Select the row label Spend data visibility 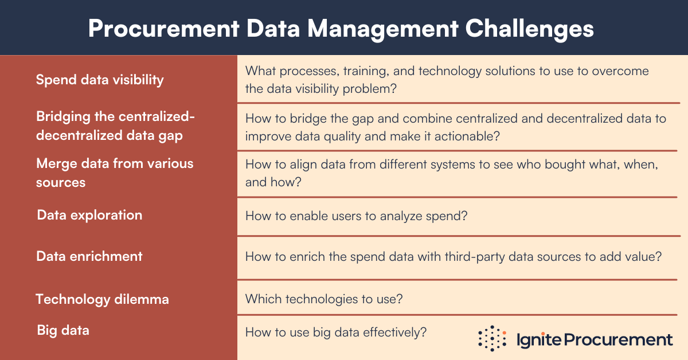tap(100, 80)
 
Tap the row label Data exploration tap(89, 215)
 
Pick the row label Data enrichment tap(89, 256)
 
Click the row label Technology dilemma tap(102, 299)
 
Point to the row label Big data tap(63, 330)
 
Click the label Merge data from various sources tap(115, 173)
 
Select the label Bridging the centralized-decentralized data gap tap(115, 126)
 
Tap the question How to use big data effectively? tap(335, 331)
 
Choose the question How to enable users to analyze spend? tap(351, 216)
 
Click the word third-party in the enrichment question tap(476, 256)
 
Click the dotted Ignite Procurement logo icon tap(492, 338)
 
